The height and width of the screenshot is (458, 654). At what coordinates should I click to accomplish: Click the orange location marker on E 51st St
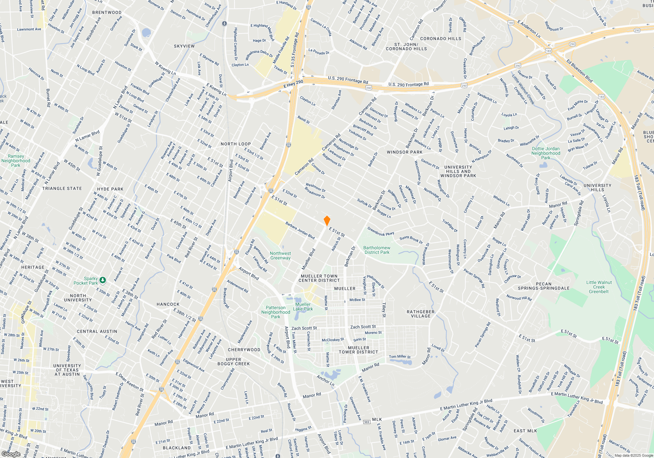[327, 220]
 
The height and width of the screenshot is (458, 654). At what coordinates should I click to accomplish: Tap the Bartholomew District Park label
[377, 250]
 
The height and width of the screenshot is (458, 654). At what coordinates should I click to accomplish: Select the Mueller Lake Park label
[303, 307]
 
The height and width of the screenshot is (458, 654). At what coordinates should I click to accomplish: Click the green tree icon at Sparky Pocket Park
[103, 280]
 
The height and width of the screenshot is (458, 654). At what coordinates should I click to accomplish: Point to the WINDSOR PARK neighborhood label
[404, 152]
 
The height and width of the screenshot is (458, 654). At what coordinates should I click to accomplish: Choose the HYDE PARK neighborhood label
[110, 189]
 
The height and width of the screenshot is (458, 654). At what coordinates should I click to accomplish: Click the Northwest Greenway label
[280, 255]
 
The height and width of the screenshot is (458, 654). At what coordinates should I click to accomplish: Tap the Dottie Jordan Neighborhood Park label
[545, 153]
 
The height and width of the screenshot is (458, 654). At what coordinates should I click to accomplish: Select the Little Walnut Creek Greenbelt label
[599, 287]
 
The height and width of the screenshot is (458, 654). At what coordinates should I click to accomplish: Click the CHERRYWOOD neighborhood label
[244, 350]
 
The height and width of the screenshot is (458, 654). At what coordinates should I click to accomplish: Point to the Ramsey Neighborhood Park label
[16, 161]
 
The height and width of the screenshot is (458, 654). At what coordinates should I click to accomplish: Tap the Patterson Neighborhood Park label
[276, 312]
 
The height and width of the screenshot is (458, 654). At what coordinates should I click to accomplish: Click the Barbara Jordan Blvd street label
[300, 230]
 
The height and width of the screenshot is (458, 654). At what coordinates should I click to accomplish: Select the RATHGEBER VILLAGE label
[421, 314]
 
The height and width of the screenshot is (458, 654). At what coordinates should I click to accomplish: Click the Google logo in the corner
[11, 454]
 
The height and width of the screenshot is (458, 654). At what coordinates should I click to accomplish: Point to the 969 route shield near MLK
[367, 422]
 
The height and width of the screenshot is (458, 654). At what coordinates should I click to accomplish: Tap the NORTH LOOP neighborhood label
[235, 144]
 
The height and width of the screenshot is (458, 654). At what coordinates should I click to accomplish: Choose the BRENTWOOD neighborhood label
[107, 12]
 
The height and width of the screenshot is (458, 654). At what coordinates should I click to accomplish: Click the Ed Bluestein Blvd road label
[579, 71]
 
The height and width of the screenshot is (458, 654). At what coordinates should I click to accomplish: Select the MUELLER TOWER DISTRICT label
[358, 350]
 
